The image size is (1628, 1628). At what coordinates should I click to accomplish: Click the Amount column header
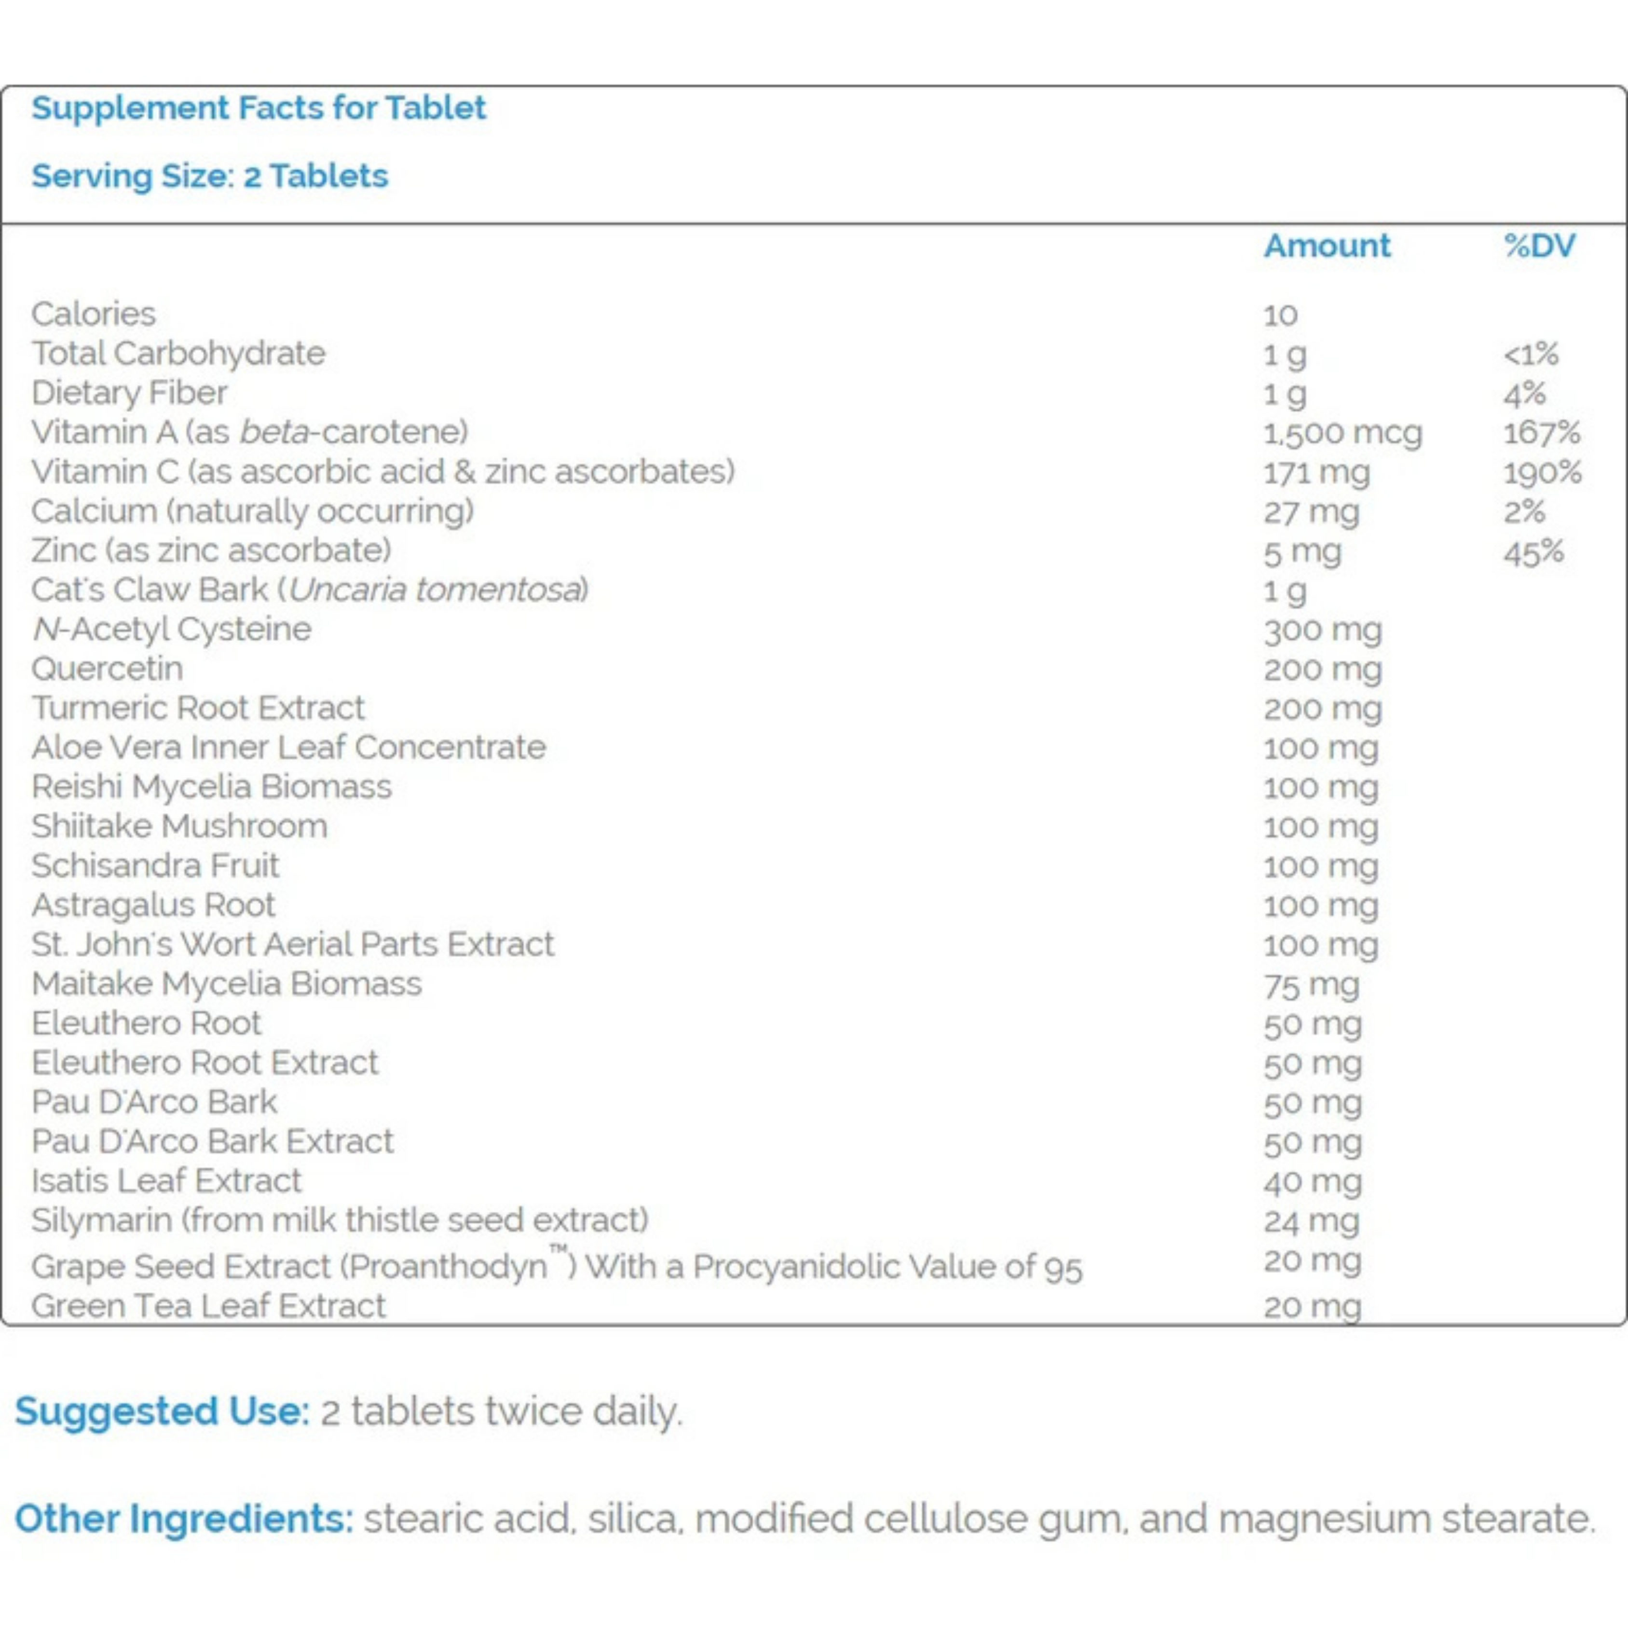1327,246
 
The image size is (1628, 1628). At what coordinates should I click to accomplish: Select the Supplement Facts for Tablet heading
259,108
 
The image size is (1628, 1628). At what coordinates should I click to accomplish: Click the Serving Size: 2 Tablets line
210,176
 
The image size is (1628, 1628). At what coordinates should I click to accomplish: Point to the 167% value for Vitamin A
1541,433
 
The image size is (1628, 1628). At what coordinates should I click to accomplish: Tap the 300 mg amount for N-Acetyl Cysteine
1322,630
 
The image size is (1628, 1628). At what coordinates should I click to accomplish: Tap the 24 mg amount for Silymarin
1311,1221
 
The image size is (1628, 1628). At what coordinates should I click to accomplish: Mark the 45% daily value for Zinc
1533,552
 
